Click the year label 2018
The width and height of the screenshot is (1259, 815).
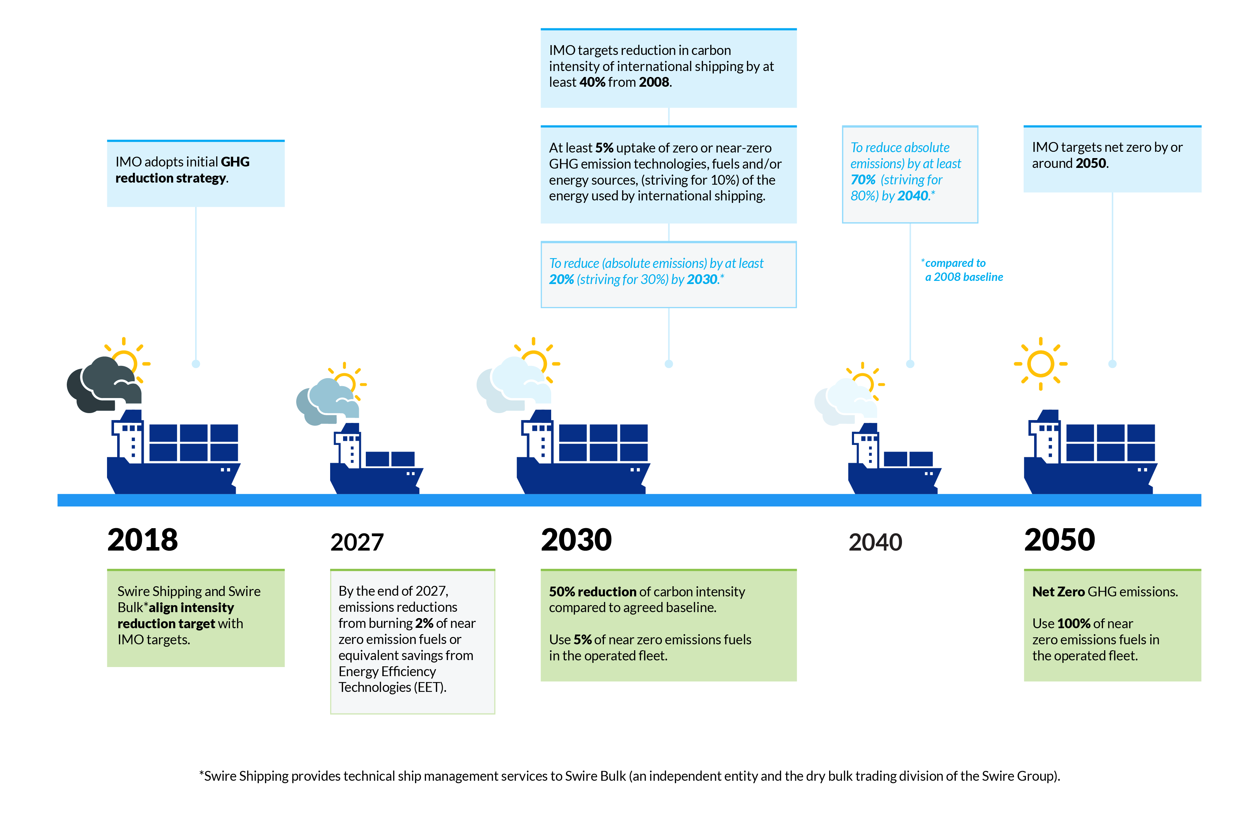[142, 540]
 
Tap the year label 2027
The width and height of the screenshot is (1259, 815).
[357, 543]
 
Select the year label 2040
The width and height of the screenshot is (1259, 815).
[875, 543]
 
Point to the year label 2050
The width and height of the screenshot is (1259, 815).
[1060, 540]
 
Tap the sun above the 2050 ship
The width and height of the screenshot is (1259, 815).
[1040, 364]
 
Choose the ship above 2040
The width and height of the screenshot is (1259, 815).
[894, 460]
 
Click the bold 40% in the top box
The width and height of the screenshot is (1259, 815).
[592, 82]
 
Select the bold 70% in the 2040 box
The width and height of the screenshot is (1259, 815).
[863, 180]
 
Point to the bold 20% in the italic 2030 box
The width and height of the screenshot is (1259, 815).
[561, 279]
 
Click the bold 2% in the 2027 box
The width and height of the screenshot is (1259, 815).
[424, 623]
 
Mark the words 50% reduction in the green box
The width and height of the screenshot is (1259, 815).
[592, 592]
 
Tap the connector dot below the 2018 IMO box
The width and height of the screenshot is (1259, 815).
[196, 364]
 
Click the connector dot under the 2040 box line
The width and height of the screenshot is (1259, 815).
[910, 364]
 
